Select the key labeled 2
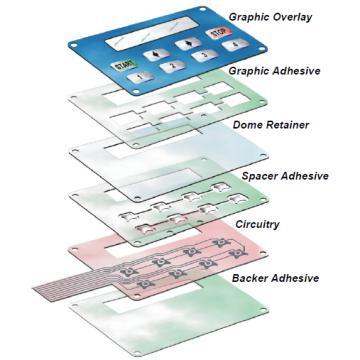point(172,67)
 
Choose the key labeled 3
point(202,57)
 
